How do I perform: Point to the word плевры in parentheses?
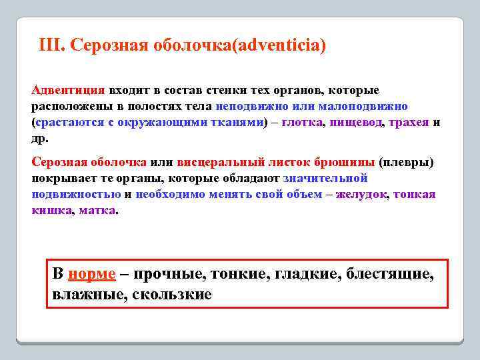tap(405, 162)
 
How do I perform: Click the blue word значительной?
tap(325, 179)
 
